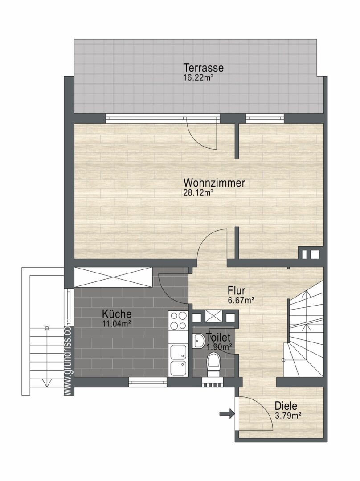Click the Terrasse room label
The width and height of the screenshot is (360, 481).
(203, 68)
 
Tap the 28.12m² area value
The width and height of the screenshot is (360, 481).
(198, 193)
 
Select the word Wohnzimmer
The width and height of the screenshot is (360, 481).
(214, 183)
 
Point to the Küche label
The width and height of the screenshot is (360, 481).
(117, 314)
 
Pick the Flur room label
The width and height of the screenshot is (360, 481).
(236, 290)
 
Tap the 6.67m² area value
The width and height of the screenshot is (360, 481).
(241, 300)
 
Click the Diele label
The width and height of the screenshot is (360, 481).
(286, 406)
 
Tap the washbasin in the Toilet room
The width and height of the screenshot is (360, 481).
(199, 341)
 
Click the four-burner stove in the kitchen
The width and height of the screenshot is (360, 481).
(178, 321)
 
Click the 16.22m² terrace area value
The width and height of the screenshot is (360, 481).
(198, 77)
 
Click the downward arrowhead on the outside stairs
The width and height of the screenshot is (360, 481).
(47, 383)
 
